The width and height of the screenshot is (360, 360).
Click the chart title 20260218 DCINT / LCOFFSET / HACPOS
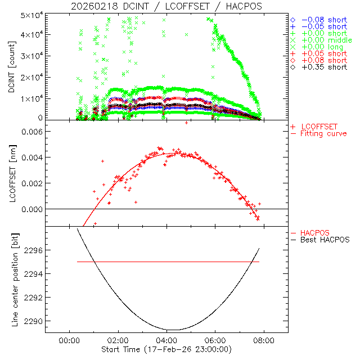coord(166,6)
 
